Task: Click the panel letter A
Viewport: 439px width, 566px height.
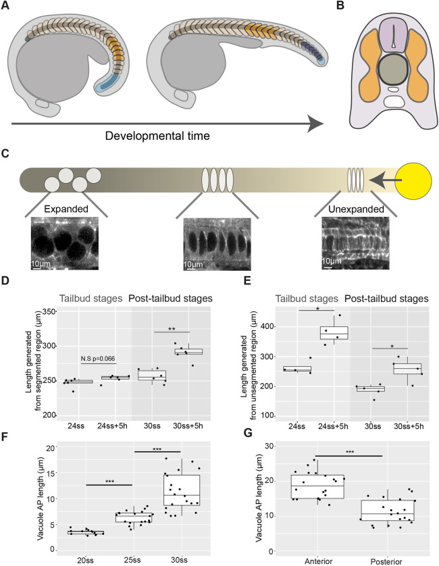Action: coord(5,7)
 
